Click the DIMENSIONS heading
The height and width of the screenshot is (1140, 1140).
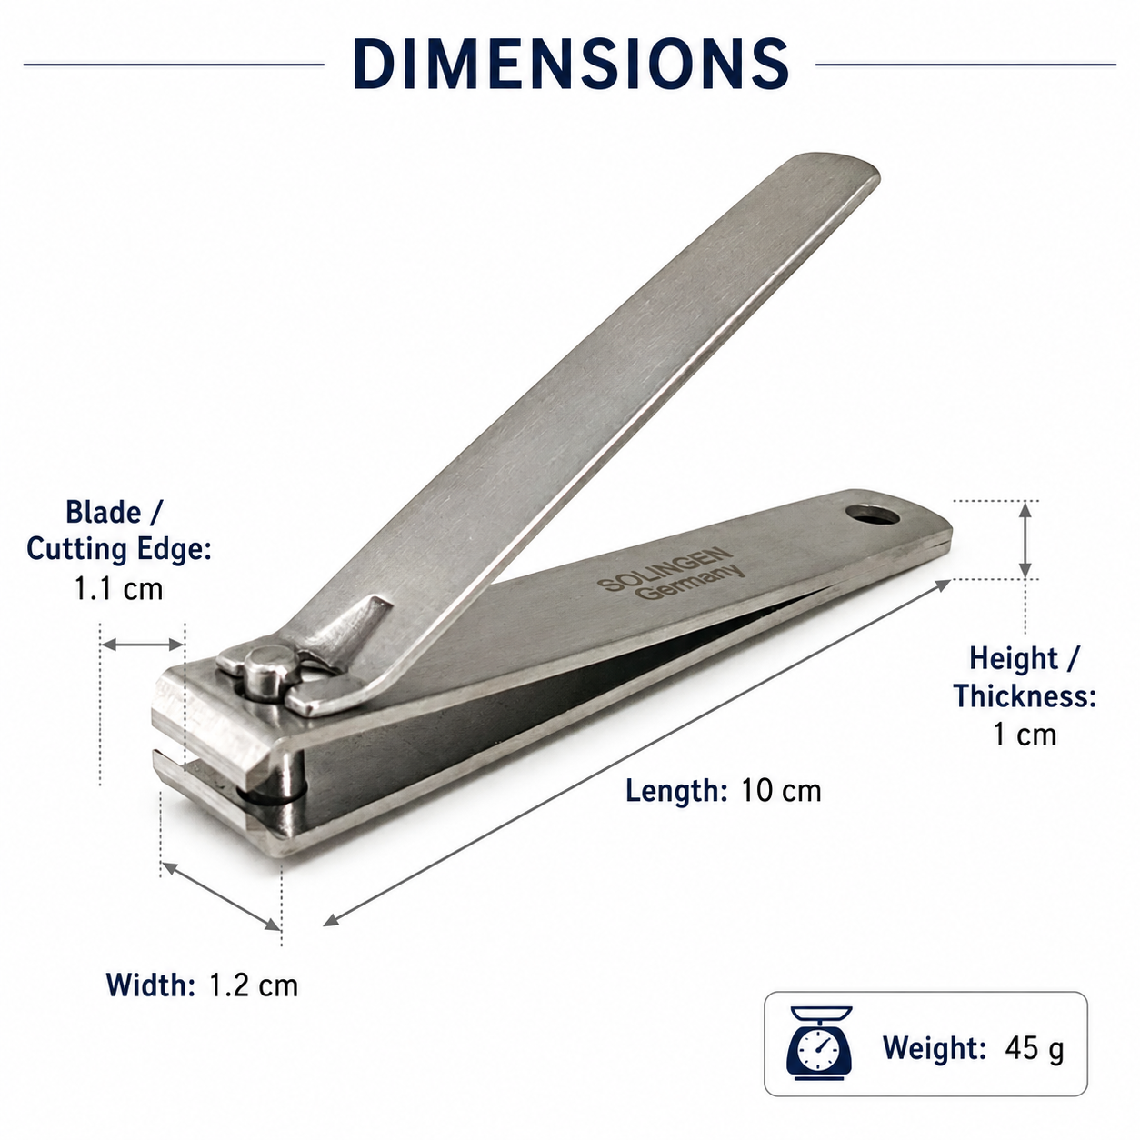(x=571, y=65)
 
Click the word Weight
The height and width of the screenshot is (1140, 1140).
(x=935, y=1047)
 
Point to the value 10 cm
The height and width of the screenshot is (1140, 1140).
(x=781, y=790)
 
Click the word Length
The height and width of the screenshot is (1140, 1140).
(x=676, y=791)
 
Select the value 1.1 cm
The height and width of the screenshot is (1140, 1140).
(x=118, y=588)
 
